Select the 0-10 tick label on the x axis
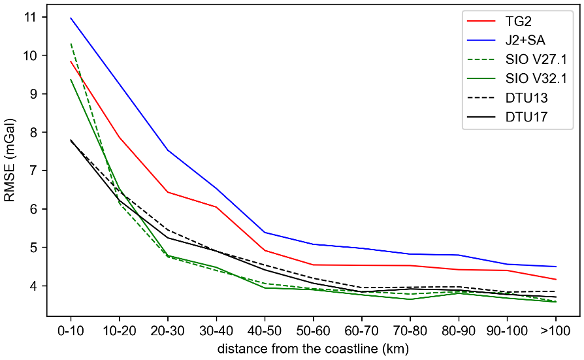click(71, 329)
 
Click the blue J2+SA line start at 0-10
click(71, 18)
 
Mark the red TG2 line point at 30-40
click(216, 207)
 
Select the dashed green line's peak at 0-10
click(71, 44)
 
